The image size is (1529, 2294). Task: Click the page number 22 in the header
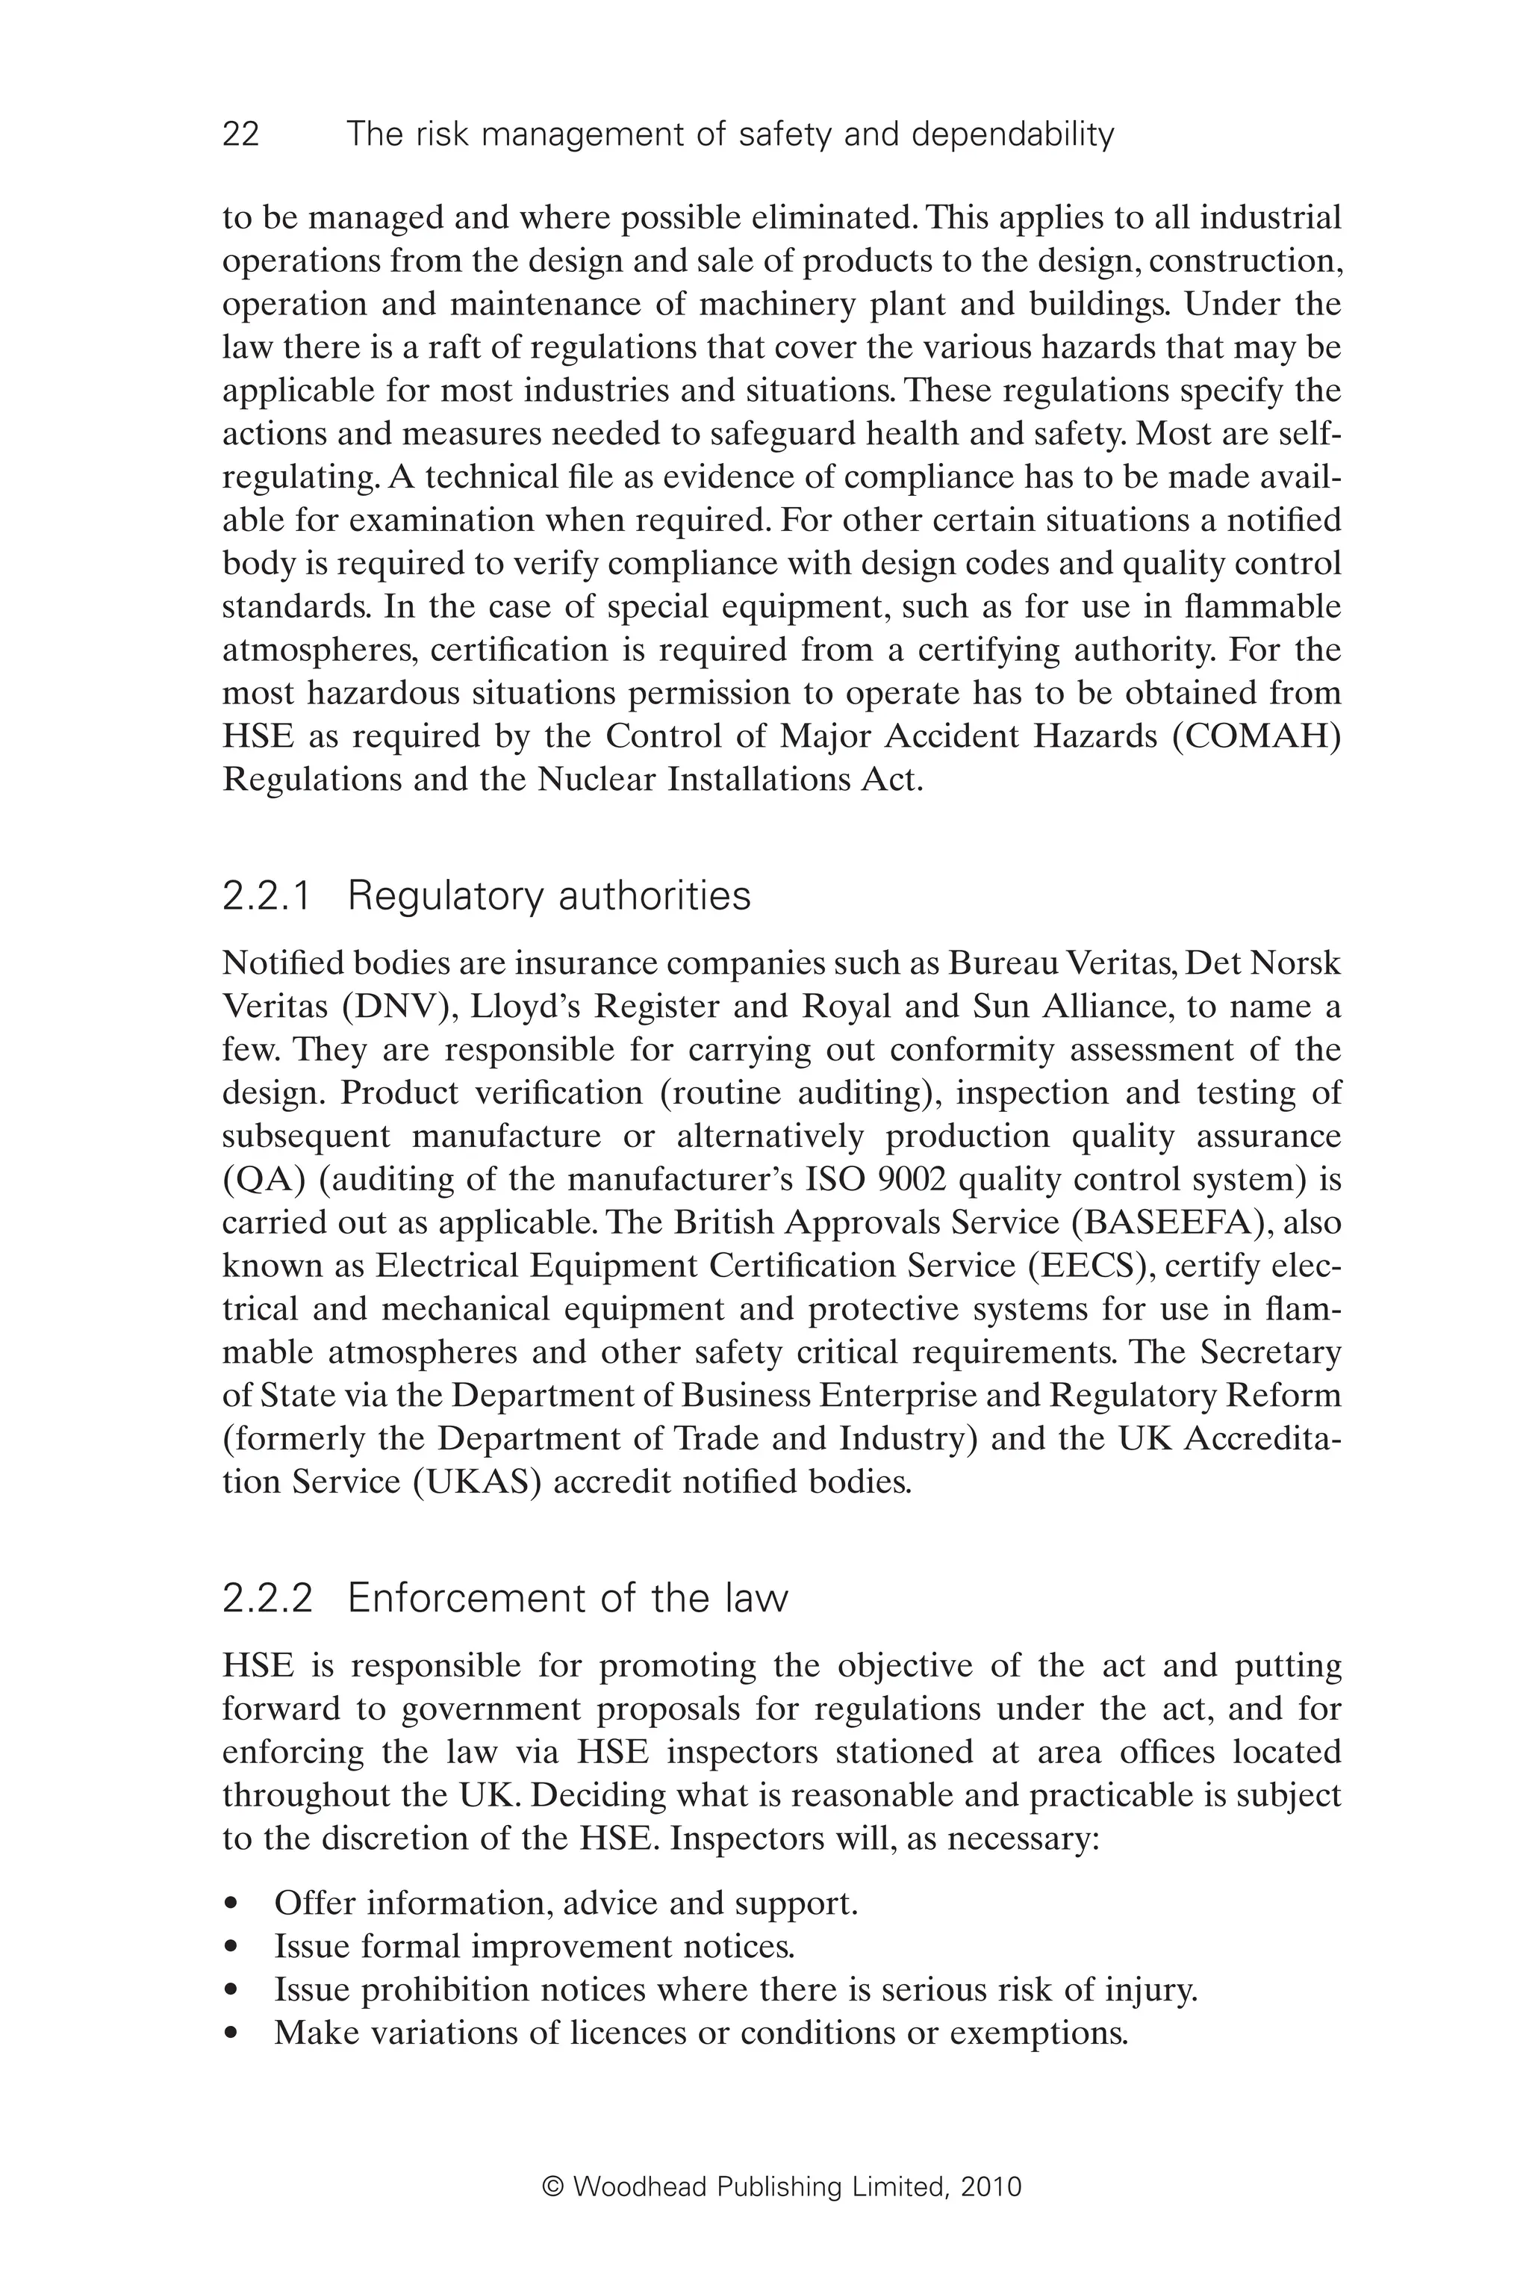pos(241,134)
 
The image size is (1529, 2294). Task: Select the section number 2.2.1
pos(267,896)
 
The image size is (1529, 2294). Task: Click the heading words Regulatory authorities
pos(549,896)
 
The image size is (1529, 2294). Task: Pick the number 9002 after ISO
pos(912,1179)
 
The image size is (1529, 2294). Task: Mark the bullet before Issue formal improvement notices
pos(231,1947)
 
